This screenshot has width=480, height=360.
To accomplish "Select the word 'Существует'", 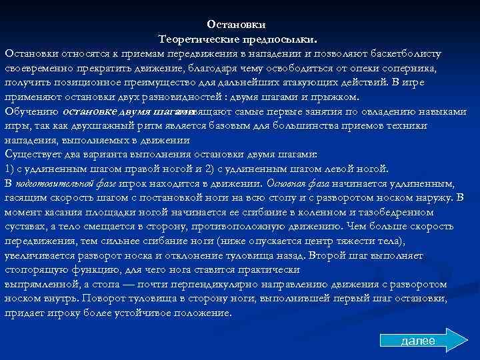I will pyautogui.click(x=31, y=155).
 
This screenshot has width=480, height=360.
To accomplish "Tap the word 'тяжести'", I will pyautogui.click(x=379, y=241).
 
